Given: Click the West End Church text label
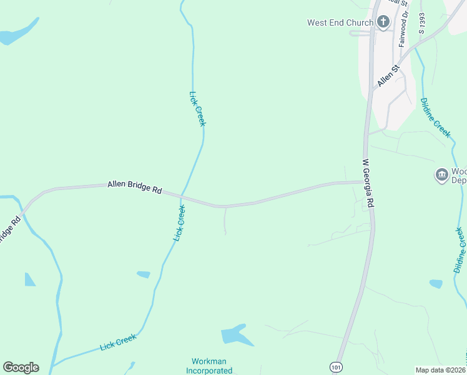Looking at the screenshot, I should coord(340,22).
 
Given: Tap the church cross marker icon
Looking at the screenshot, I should coord(383,22).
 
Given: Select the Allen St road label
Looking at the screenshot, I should coord(387,75).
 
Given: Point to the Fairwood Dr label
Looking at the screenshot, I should coord(404,28).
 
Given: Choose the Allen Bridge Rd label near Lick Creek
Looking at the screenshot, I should coord(135,187).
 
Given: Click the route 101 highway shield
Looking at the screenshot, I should coord(337,366).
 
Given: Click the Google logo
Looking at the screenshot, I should coord(21,367).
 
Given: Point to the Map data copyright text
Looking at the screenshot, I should coord(441,370).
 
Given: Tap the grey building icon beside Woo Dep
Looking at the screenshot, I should coord(442,174).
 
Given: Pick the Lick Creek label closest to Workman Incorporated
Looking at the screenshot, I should coord(118,342).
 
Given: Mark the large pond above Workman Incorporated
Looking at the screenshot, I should coord(235,336).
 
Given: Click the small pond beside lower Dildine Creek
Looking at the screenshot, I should coord(436,284).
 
